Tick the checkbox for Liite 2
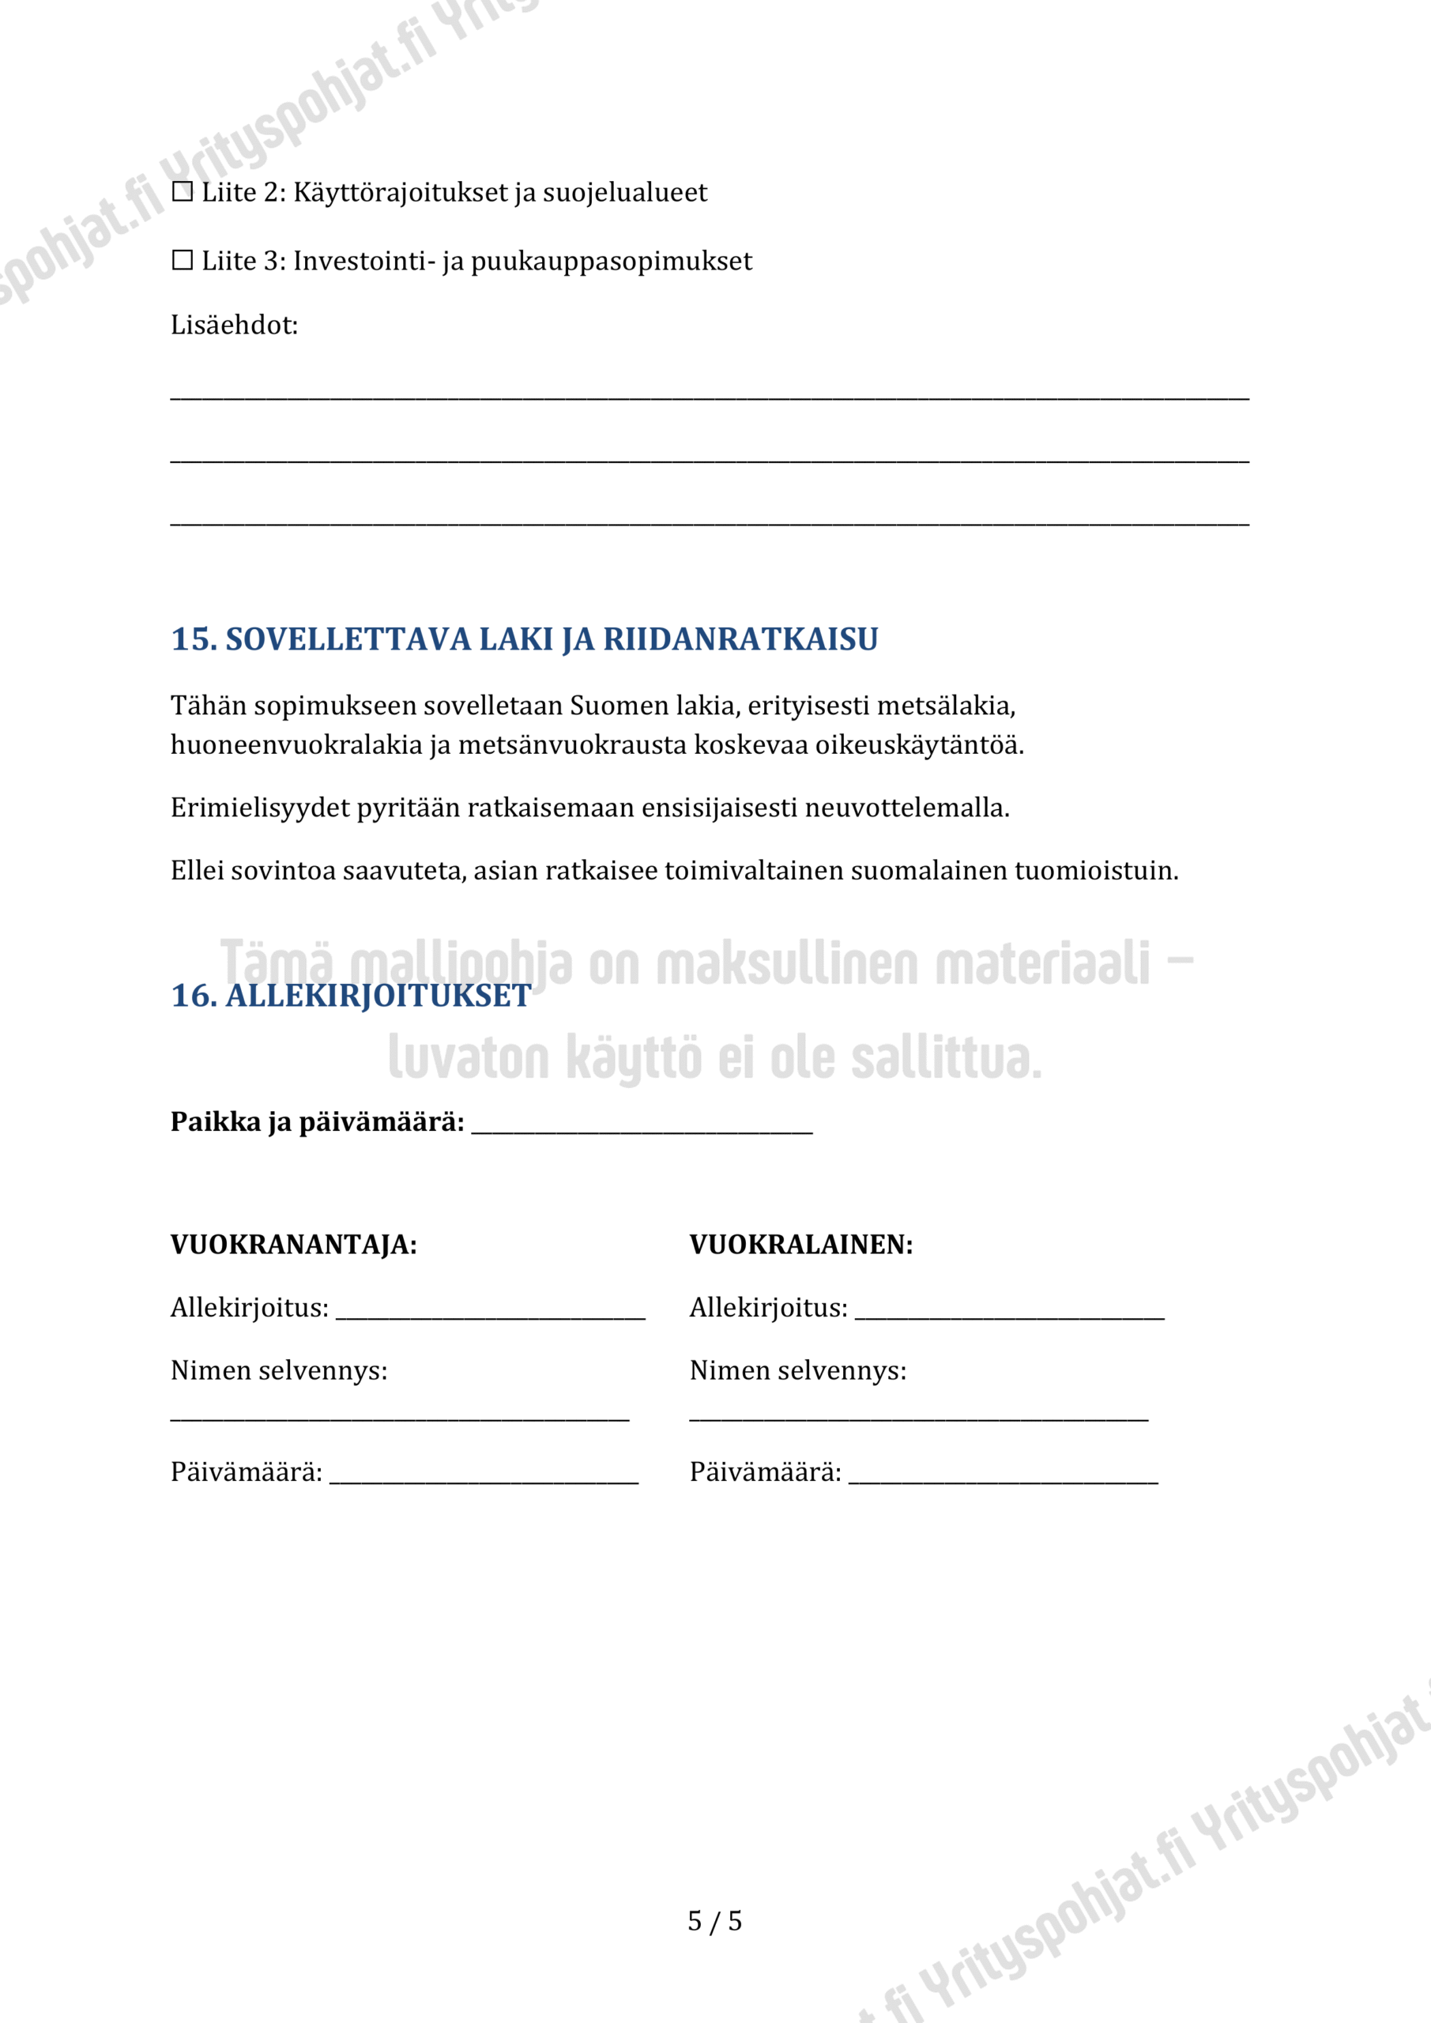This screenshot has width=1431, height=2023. coord(183,191)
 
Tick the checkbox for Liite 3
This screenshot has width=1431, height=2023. coord(183,260)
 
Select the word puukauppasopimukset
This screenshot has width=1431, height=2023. coord(612,262)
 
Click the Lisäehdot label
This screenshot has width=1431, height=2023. coord(235,325)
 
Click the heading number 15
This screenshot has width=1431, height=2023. coord(193,639)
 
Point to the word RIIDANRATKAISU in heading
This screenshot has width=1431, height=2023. coord(740,639)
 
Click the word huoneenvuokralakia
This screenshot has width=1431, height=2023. coord(296,745)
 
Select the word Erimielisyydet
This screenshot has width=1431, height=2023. coord(260,808)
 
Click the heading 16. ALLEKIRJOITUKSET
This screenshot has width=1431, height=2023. coord(351,996)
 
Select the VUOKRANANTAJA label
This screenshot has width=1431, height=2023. coord(293,1245)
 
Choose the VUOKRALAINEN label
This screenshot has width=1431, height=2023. coord(801,1245)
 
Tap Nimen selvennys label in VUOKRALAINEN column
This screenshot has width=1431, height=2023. coord(797,1371)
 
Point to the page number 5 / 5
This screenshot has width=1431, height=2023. coord(714,1921)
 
